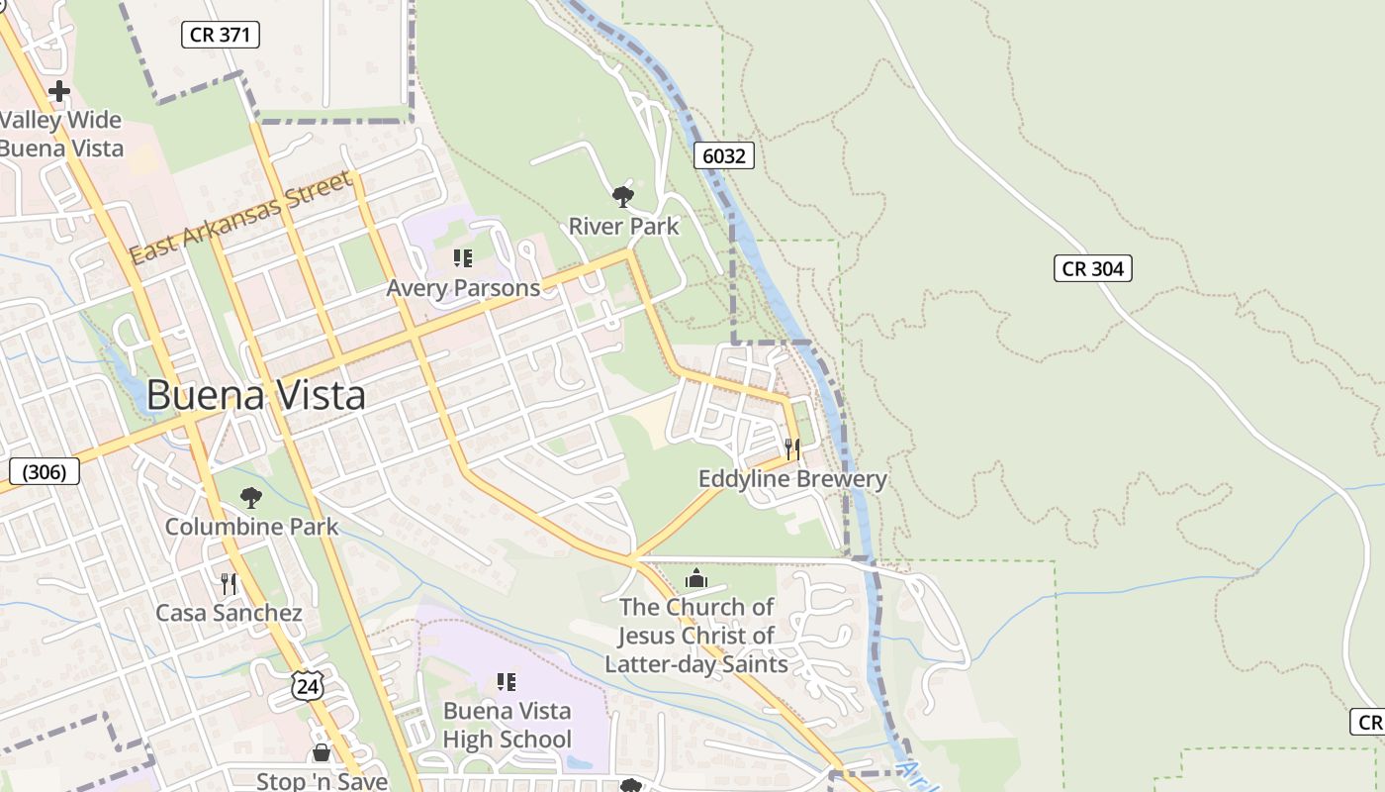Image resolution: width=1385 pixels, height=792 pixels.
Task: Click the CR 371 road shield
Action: click(221, 35)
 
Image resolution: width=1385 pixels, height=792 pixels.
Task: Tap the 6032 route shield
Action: click(723, 155)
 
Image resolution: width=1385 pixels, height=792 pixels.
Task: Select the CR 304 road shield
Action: click(1091, 268)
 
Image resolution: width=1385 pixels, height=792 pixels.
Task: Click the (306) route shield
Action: click(44, 471)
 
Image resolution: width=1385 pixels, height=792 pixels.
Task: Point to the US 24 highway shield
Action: click(308, 685)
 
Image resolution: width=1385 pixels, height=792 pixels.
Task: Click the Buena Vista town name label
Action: click(255, 395)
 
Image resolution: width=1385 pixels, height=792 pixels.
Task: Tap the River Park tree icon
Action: click(622, 196)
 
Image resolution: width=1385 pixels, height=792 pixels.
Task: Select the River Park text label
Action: click(623, 226)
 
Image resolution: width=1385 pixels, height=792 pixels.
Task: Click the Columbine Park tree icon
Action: click(251, 497)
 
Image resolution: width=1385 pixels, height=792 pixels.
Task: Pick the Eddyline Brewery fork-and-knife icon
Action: click(791, 449)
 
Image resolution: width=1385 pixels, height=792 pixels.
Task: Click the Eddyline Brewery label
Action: click(792, 479)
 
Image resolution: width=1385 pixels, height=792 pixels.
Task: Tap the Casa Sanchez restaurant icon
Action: click(229, 584)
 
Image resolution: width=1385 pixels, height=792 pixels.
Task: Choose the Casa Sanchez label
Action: click(229, 613)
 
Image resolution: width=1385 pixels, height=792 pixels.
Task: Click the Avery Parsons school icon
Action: click(462, 258)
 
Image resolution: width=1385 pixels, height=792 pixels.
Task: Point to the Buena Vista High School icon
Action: click(507, 681)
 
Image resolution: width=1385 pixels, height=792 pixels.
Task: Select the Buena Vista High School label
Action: click(507, 725)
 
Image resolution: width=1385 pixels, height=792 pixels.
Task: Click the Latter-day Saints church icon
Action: click(695, 577)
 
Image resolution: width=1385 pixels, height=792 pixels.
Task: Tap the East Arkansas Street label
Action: click(240, 218)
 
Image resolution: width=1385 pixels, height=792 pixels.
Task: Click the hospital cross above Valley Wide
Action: click(59, 91)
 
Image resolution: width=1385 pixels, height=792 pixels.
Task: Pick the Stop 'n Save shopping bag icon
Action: click(321, 753)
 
